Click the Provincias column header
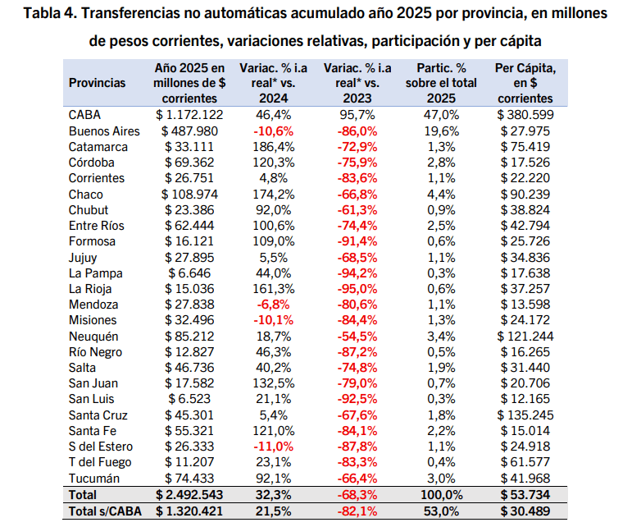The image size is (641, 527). tap(97, 83)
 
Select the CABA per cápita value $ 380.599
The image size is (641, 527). tap(525, 115)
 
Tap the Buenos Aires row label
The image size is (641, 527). tap(104, 131)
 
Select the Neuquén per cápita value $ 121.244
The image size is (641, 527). tap(525, 336)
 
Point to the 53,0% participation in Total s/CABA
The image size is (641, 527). tap(441, 511)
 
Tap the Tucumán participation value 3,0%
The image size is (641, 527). tap(441, 479)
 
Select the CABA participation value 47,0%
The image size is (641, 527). tap(441, 115)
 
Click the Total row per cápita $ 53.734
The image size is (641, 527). tap(525, 495)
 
